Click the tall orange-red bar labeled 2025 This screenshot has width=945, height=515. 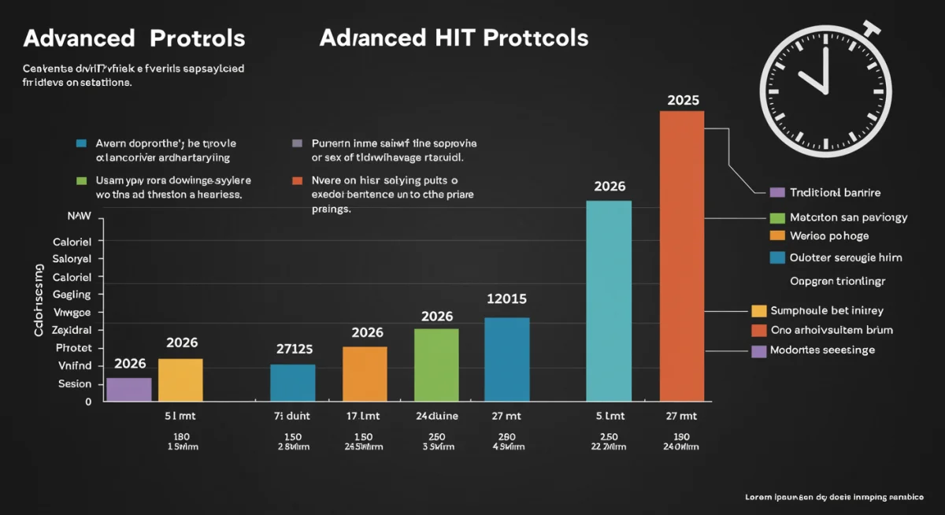(681, 256)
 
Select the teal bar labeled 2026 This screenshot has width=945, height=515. (609, 301)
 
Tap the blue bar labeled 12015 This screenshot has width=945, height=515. (506, 359)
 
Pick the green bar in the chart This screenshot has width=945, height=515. (436, 365)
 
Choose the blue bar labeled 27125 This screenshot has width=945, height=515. (292, 383)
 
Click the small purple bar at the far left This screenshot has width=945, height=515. (128, 389)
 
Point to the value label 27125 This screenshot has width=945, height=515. (295, 349)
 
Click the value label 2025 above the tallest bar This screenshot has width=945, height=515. (683, 101)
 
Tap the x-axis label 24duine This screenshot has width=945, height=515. (436, 416)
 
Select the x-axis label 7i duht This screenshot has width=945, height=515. (293, 416)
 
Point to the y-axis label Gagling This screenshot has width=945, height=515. (72, 295)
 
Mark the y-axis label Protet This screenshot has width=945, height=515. (73, 347)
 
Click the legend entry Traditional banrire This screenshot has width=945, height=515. (835, 192)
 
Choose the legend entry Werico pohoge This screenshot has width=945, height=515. (829, 235)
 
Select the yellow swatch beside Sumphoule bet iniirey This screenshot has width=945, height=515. (759, 310)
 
